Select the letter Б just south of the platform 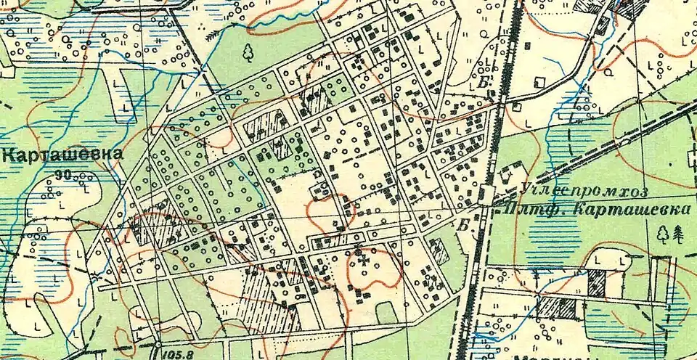(462, 225)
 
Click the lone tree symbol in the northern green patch (248, 52)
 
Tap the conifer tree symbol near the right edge (679, 233)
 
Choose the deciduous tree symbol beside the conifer (662, 233)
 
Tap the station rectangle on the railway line (484, 195)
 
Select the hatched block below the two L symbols (596, 282)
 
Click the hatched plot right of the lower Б (439, 250)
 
